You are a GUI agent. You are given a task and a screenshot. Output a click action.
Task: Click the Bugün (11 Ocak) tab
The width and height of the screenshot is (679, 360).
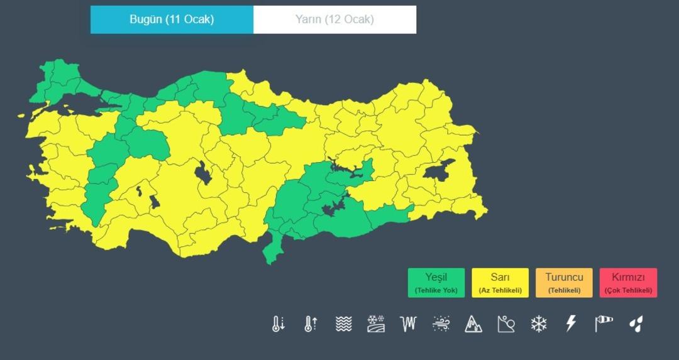[172, 19]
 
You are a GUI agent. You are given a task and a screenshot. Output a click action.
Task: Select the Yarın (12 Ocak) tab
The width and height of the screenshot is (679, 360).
[334, 19]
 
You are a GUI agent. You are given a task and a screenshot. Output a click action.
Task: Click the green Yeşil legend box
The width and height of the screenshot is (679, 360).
[436, 283]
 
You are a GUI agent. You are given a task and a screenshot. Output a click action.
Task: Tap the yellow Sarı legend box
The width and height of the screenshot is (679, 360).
[500, 283]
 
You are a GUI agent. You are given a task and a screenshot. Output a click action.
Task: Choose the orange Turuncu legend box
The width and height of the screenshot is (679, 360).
[564, 283]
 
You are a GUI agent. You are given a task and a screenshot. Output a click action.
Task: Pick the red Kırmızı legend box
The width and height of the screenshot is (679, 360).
[628, 283]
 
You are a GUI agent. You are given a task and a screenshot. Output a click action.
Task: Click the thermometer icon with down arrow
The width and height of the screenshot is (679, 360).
[278, 324]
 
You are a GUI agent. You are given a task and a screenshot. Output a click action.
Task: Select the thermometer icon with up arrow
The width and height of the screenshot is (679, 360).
[311, 324]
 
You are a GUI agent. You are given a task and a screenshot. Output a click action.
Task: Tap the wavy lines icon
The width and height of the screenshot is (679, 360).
[343, 324]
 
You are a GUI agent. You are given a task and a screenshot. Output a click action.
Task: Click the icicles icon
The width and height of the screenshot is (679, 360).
[408, 324]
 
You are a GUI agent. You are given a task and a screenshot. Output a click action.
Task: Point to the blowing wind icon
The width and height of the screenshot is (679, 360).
[441, 324]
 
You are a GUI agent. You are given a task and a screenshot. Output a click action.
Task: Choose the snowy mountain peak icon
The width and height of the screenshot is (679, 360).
[473, 324]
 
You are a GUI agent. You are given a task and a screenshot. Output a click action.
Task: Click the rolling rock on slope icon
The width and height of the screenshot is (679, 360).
[506, 324]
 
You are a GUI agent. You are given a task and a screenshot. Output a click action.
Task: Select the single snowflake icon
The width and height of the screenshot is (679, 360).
[539, 324]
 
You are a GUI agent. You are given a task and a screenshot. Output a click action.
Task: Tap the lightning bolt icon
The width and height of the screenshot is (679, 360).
[571, 324]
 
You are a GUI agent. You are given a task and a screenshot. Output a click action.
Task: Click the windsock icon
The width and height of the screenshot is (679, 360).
[604, 324]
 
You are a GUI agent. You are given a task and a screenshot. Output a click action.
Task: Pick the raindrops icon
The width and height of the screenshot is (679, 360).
[636, 324]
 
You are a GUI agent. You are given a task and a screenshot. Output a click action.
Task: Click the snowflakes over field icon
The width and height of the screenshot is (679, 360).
[376, 324]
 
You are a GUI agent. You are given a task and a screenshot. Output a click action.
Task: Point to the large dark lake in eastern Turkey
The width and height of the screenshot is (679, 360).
[442, 170]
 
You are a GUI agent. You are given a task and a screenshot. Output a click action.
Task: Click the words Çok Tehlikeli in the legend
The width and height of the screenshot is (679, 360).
[628, 291]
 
